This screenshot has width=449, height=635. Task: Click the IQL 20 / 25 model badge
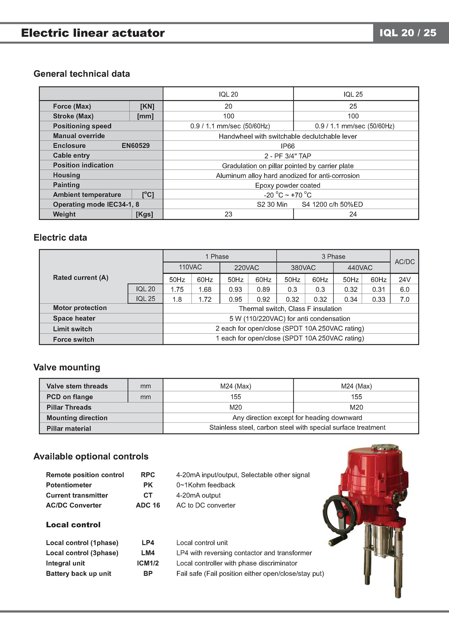tap(408, 33)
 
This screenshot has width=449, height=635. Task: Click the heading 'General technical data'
tap(82, 74)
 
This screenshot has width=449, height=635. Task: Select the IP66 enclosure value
tap(288, 146)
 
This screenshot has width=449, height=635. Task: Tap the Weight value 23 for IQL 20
tap(228, 214)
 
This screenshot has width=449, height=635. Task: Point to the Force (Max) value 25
tap(353, 106)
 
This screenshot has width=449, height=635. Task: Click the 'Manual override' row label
tap(79, 136)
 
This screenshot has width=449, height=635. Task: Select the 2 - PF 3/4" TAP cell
tap(288, 156)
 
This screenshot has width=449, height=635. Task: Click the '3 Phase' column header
tap(333, 257)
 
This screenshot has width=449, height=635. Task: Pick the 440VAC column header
tap(360, 268)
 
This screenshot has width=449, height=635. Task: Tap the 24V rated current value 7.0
tap(404, 299)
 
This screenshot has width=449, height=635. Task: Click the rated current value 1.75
tap(177, 290)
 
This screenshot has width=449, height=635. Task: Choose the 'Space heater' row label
tap(74, 318)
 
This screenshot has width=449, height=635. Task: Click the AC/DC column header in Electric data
tap(404, 262)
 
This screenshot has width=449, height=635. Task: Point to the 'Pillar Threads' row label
tap(69, 407)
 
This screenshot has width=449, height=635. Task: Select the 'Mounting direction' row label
tap(77, 418)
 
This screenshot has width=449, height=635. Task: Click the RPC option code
tap(148, 475)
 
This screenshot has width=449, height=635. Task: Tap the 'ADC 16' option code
tap(148, 505)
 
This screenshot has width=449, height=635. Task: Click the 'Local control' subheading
tap(73, 525)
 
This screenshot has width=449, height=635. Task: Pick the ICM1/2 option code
tap(148, 563)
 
